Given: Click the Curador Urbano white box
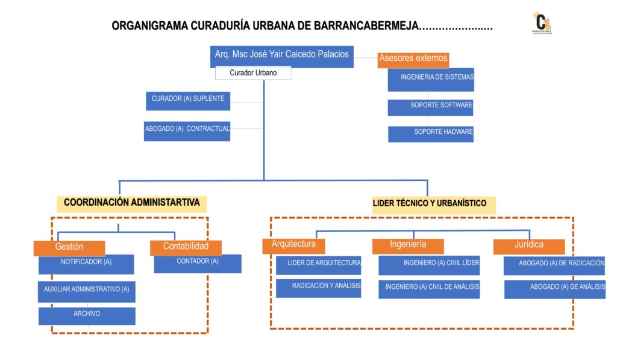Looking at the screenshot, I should pos(253,73).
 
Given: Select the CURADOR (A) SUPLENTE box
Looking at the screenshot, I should pos(188,101).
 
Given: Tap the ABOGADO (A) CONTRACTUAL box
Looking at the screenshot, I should pos(187,131).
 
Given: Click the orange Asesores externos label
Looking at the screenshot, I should pos(413,59).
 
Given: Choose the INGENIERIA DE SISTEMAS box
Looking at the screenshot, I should pos(431,79).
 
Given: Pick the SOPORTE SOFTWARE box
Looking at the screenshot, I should pos(430,107).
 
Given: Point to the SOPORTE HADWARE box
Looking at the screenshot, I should pos(431,134).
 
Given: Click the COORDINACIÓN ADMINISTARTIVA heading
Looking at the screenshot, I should pos(132,203).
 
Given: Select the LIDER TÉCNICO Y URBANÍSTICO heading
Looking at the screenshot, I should pos(429,204).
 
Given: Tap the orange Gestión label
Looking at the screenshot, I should pos(69,247).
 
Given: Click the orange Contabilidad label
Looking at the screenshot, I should pos(186,247).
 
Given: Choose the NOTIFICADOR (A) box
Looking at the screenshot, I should pos(86,264).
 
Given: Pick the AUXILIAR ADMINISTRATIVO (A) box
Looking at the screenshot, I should pos(86,291).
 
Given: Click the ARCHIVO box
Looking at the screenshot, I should pos(87,315).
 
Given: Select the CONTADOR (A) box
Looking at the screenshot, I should pos(198,264).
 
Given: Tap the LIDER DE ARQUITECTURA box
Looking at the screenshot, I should pos(319,265).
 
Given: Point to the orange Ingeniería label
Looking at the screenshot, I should pos(408,245).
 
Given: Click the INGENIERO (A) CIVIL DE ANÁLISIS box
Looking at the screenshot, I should pos(429,289).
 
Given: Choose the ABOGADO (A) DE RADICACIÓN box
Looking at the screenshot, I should pos(554,265).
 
